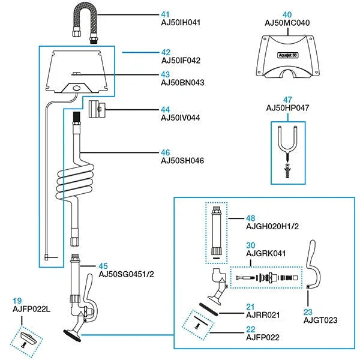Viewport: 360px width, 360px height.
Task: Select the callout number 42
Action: point(166,52)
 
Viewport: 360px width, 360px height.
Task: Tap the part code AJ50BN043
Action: point(182,82)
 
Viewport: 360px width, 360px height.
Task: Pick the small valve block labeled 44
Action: point(95,110)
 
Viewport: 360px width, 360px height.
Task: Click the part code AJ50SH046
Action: point(182,161)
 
